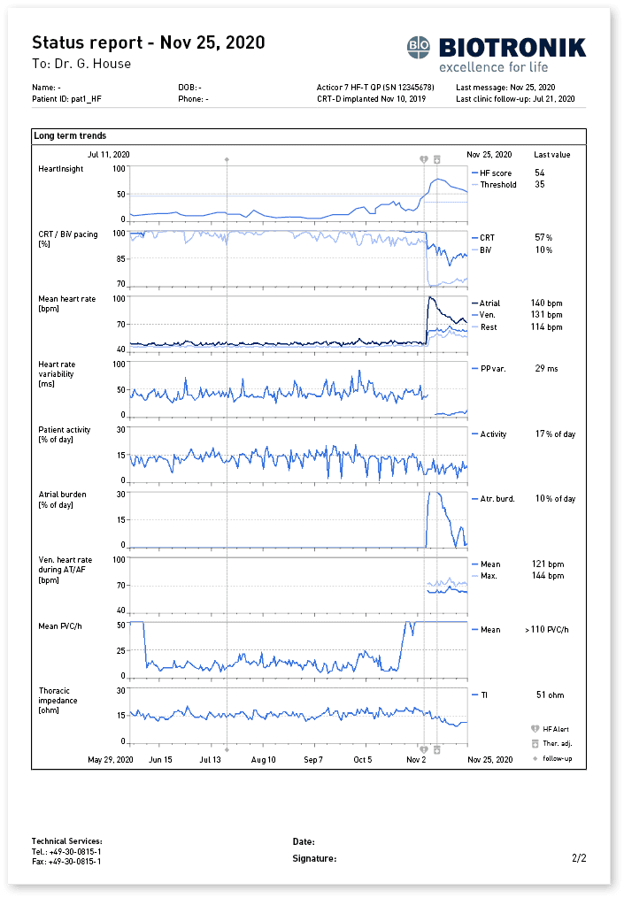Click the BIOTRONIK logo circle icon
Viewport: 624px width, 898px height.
(419, 47)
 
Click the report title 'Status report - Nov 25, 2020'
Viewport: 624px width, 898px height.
(148, 42)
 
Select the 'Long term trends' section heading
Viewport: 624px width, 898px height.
(70, 136)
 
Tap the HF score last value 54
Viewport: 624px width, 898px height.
(539, 173)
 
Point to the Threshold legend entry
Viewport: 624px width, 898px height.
(498, 185)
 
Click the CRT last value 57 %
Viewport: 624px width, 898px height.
(543, 238)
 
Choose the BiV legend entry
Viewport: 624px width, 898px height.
(485, 250)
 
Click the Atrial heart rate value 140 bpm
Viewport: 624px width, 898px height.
(546, 303)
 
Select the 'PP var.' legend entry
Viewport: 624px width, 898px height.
(493, 369)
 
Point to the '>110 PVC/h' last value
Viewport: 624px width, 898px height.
(549, 630)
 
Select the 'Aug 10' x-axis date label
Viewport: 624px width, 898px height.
(263, 760)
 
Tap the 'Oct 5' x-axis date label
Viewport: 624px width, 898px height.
(363, 760)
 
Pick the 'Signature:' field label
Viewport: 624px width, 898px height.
(314, 858)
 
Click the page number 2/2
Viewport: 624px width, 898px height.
(579, 858)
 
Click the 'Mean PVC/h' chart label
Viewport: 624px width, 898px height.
(60, 626)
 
